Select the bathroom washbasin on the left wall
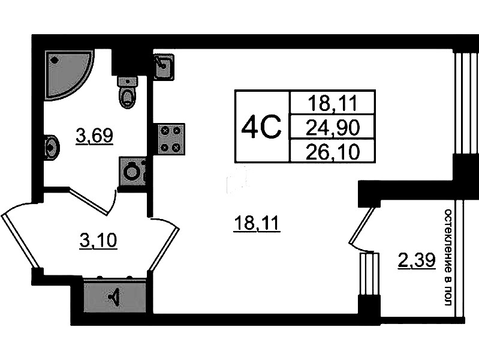[51, 146]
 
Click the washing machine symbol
[132, 172]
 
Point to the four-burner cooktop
[171, 139]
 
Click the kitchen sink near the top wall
[163, 66]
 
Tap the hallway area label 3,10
[98, 241]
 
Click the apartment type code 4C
[261, 127]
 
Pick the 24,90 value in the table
[332, 127]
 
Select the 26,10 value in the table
[332, 152]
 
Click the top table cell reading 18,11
[332, 103]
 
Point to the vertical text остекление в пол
[447, 257]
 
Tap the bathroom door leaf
[88, 200]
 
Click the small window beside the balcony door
[369, 274]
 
